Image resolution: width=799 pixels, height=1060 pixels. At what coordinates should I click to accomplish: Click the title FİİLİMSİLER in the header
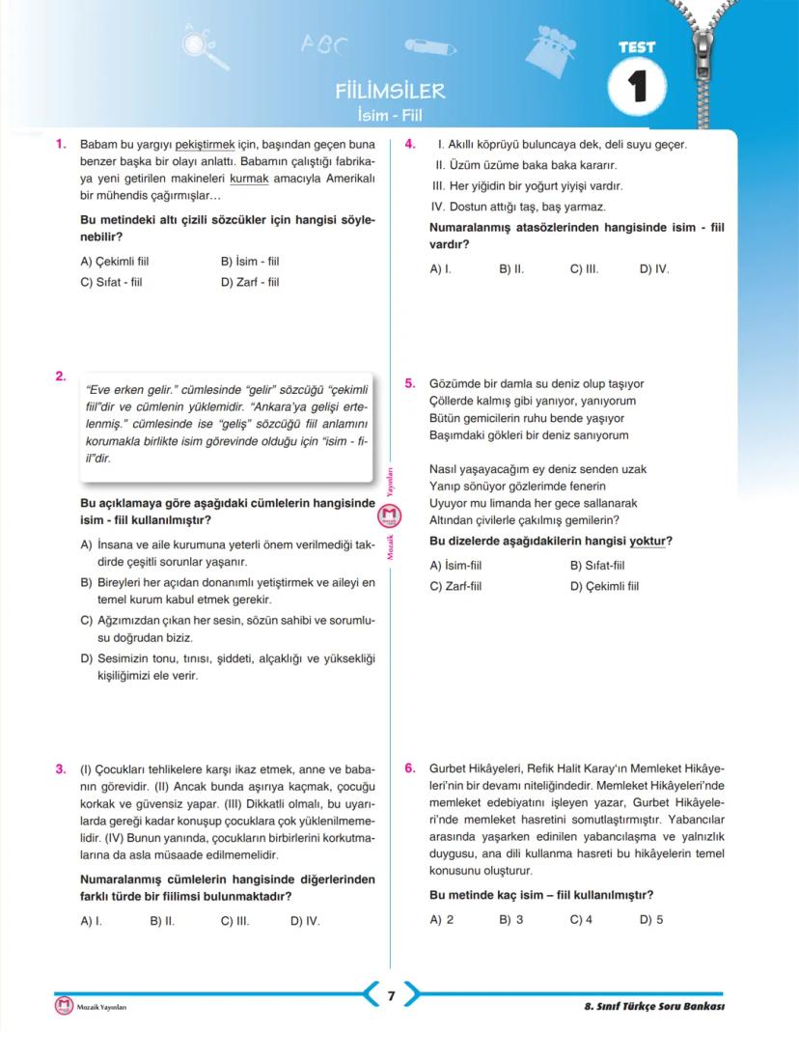point(390,92)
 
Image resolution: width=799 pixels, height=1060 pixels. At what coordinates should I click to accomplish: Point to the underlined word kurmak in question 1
point(248,179)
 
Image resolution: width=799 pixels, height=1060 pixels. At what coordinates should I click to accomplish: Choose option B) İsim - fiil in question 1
point(250,262)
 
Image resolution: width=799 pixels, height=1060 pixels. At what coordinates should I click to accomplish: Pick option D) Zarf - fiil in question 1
point(250,283)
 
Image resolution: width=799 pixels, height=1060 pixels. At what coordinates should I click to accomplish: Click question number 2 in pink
point(61,377)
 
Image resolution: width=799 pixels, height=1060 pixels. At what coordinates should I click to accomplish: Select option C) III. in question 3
point(235,921)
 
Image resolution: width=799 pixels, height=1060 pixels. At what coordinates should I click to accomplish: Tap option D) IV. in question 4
point(654,269)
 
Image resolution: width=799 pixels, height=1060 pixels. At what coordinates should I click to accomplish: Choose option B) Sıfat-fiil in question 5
point(597,566)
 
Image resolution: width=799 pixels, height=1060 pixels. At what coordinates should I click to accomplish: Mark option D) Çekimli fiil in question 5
point(604,586)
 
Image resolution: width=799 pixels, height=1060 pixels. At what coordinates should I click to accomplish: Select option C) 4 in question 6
point(581,919)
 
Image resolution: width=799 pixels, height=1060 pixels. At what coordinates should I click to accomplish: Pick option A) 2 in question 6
point(441,919)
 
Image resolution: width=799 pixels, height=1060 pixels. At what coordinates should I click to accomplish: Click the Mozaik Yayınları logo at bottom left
point(64,1006)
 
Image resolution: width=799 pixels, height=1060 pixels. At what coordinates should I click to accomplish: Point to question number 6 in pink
point(410,768)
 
